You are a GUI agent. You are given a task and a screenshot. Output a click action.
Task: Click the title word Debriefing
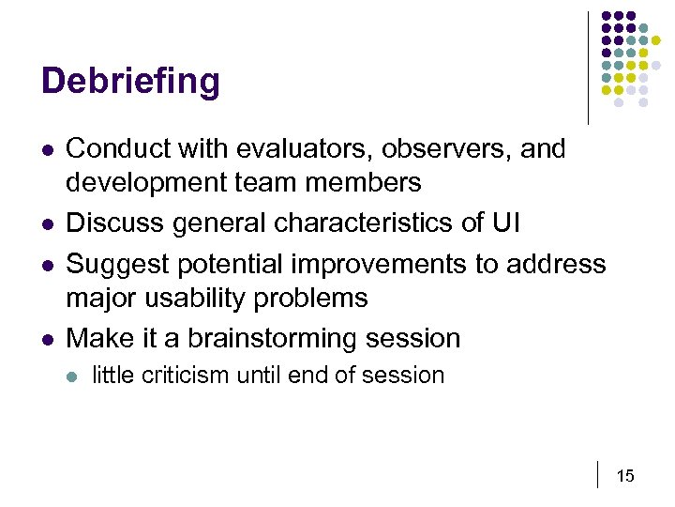130,82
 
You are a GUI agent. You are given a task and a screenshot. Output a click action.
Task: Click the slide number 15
625,476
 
